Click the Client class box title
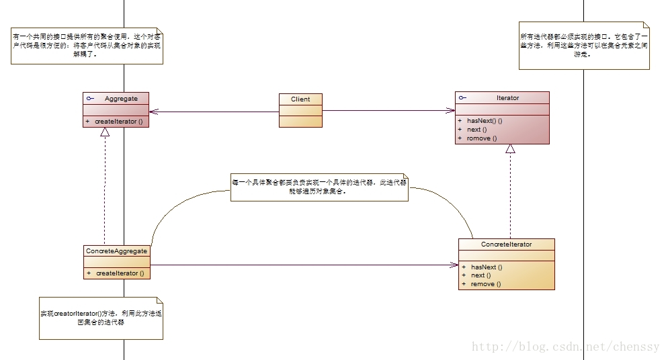pos(300,99)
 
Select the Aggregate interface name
pos(121,99)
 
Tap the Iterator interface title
pos(507,98)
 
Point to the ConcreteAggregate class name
pos(116,251)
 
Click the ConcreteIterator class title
pos(506,244)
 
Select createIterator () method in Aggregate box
pos(119,122)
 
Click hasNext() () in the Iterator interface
pos(485,120)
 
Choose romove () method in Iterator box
pos(482,138)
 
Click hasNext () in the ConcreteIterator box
pos(487,267)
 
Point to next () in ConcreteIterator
pos(481,275)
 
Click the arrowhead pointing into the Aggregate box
pos(154,111)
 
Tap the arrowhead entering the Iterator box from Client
pos(450,111)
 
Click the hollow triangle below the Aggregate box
pos(105,132)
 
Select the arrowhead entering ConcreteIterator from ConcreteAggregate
pos(454,265)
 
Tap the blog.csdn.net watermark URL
pos(568,347)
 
